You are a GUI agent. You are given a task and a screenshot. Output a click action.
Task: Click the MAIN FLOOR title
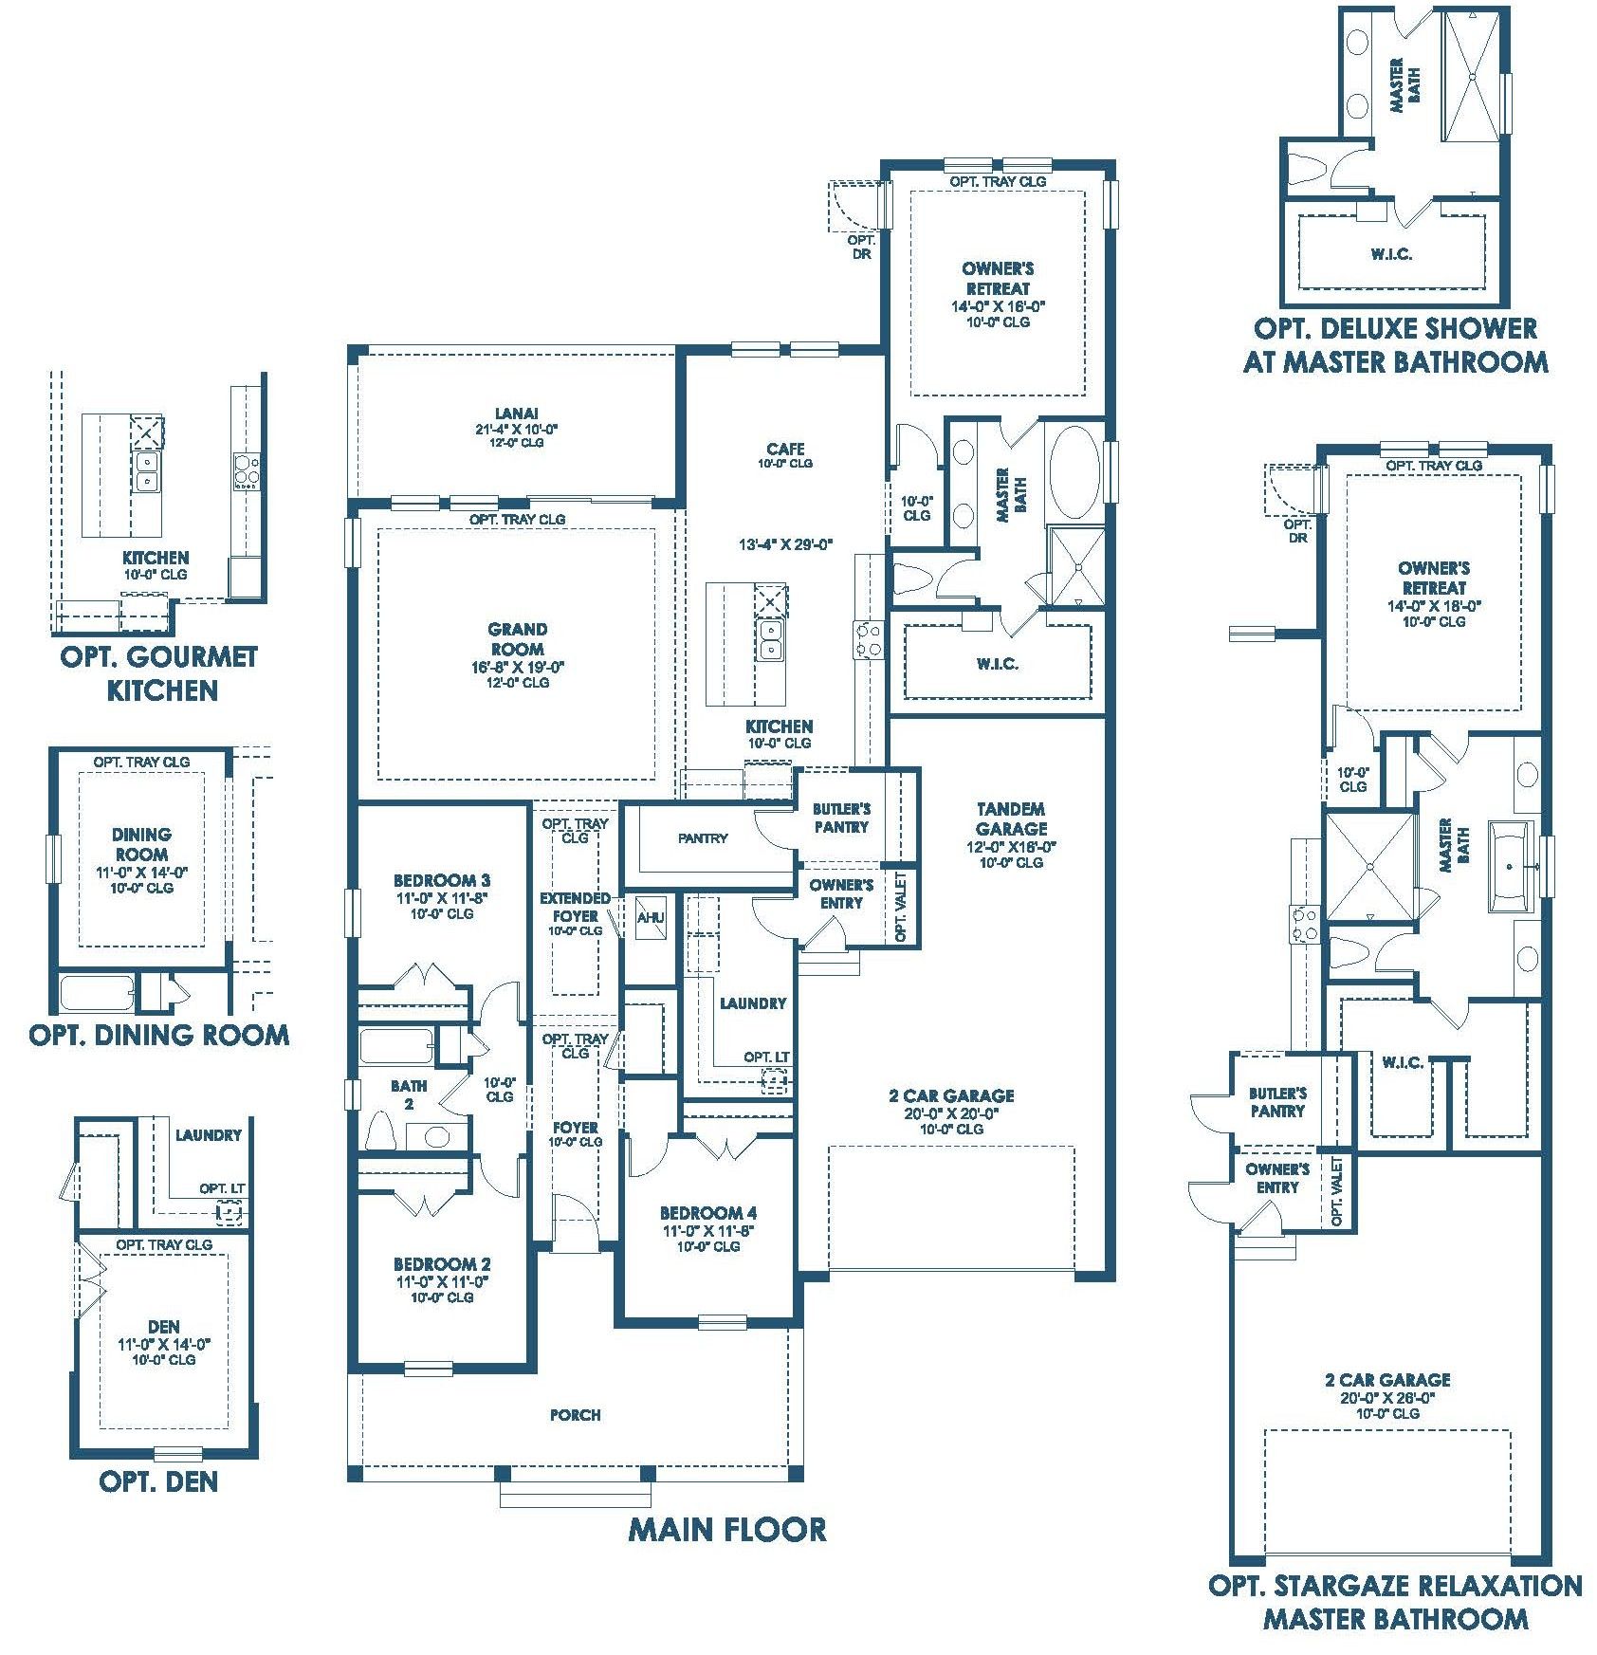pyautogui.click(x=726, y=1529)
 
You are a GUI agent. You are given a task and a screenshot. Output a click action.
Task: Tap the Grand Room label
pyautogui.click(x=517, y=639)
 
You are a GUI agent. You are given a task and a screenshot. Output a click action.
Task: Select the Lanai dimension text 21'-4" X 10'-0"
pyautogui.click(x=516, y=429)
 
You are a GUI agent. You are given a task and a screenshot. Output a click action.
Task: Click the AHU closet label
pyautogui.click(x=651, y=918)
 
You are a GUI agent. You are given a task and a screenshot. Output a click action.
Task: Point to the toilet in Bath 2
pyautogui.click(x=381, y=1131)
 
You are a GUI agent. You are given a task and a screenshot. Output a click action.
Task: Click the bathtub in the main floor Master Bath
pyautogui.click(x=1074, y=472)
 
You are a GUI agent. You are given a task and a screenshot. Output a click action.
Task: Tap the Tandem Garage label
pyautogui.click(x=1011, y=818)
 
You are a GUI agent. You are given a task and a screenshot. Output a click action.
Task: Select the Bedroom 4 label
pyautogui.click(x=708, y=1213)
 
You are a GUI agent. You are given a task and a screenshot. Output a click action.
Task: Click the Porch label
pyautogui.click(x=576, y=1415)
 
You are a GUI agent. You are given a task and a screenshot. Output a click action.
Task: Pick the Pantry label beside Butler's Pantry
pyautogui.click(x=703, y=838)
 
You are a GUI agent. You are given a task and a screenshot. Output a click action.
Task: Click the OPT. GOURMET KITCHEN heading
pyautogui.click(x=159, y=673)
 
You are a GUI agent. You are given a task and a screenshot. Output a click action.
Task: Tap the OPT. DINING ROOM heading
pyautogui.click(x=159, y=1035)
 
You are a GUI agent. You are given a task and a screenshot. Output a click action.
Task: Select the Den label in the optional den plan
pyautogui.click(x=164, y=1327)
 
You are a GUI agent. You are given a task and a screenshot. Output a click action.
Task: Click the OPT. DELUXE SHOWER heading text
pyautogui.click(x=1395, y=329)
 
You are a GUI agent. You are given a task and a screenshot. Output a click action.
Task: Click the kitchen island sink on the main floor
pyautogui.click(x=771, y=640)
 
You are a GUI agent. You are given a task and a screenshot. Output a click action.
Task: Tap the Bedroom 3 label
pyautogui.click(x=442, y=881)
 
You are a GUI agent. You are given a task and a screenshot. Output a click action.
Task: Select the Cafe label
pyautogui.click(x=786, y=449)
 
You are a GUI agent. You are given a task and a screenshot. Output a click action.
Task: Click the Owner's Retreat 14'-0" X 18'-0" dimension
pyautogui.click(x=1434, y=605)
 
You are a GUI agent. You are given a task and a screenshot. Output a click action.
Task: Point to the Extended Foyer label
pyautogui.click(x=576, y=907)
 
